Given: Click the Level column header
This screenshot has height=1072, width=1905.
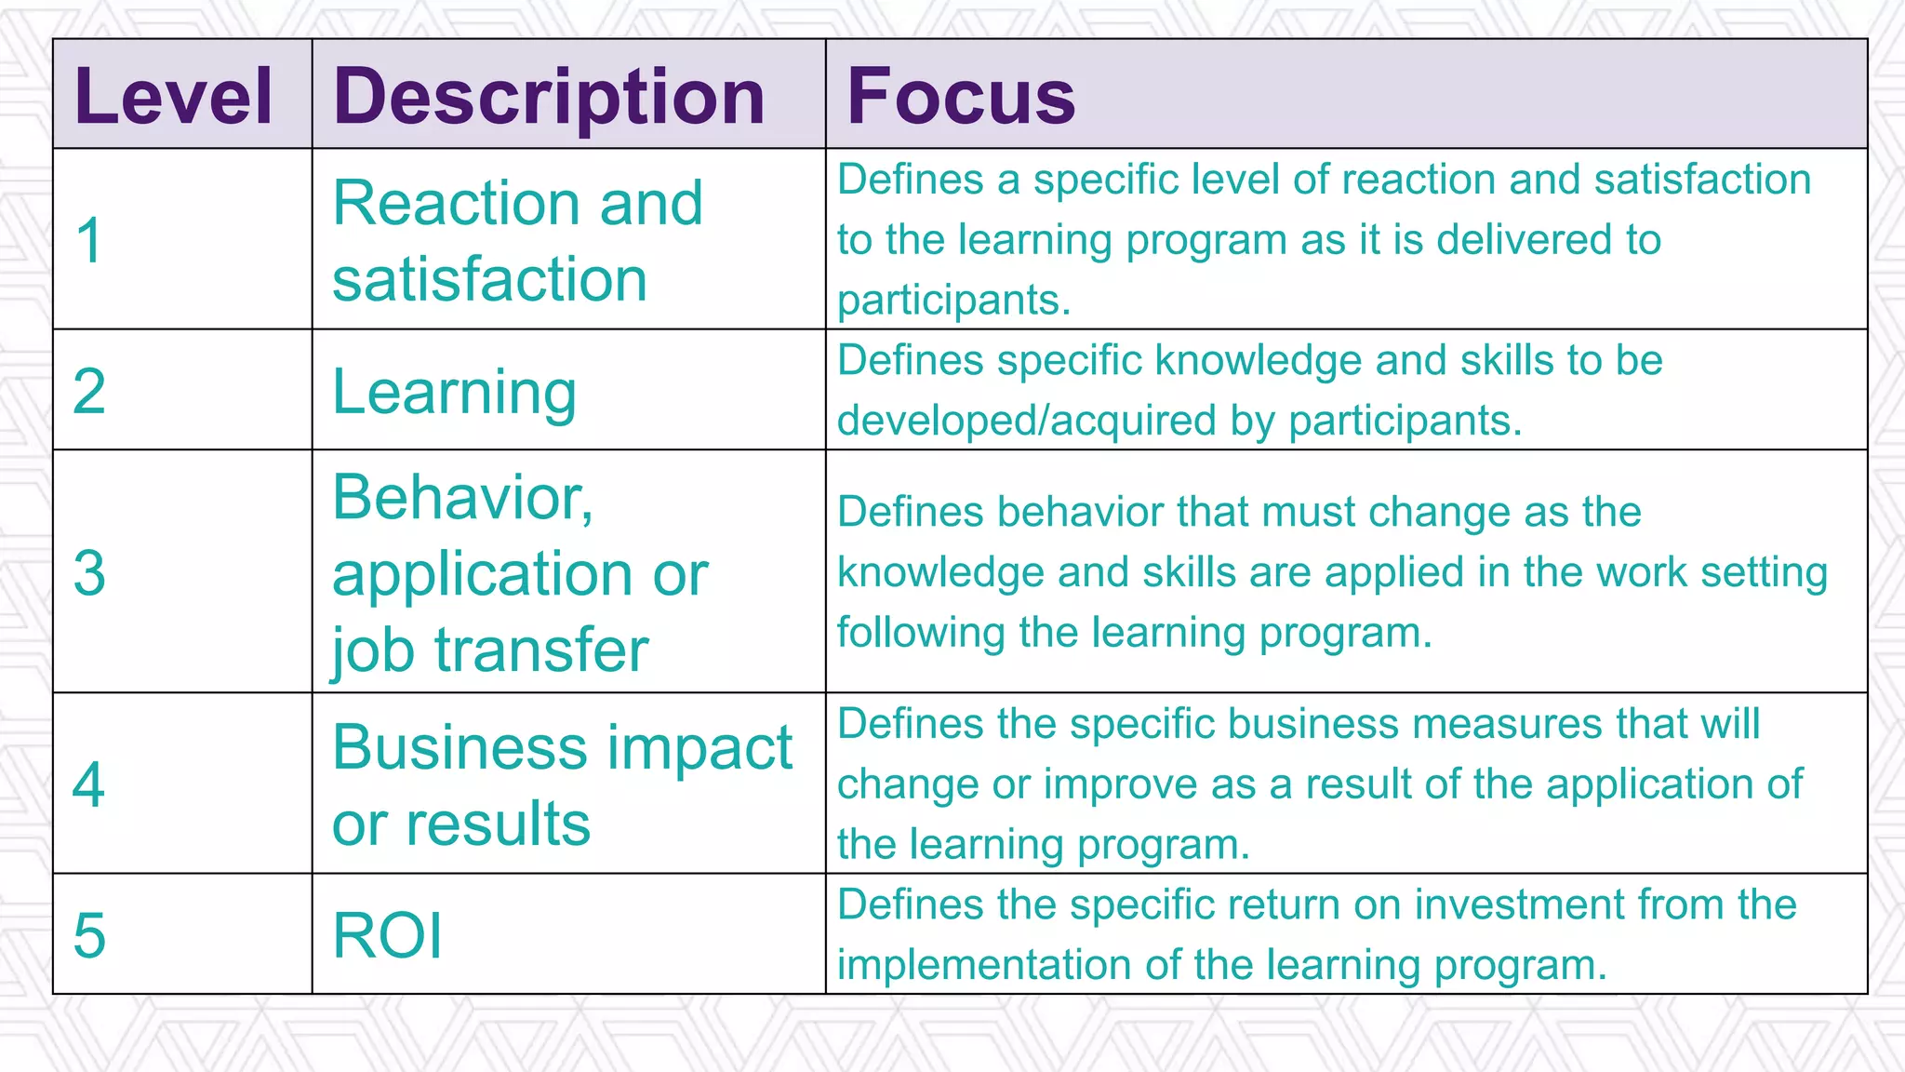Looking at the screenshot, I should (x=173, y=97).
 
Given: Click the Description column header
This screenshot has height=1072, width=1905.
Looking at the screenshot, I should (x=549, y=97).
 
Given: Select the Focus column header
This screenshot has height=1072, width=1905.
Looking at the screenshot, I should (x=961, y=97).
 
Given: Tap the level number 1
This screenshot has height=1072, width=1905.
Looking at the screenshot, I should (x=89, y=240).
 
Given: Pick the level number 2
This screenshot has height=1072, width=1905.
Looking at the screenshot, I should (x=89, y=391).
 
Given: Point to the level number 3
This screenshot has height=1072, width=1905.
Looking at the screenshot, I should (x=89, y=572).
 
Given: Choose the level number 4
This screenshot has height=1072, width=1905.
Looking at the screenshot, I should (x=89, y=784).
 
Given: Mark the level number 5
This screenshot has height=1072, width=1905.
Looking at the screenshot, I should (x=89, y=935).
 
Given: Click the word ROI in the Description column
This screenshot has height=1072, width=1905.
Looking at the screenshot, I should (x=387, y=935).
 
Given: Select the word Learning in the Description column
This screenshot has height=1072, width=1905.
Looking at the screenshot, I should (x=454, y=392).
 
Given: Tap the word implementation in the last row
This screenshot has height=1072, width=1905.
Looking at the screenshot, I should (x=984, y=965).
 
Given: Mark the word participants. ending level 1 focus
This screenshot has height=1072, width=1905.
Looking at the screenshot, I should (x=953, y=301).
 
